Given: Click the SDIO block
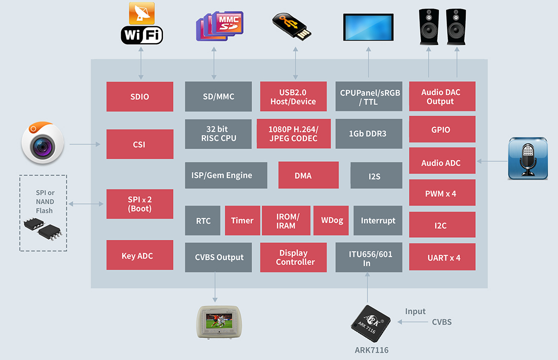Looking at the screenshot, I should coord(139,96).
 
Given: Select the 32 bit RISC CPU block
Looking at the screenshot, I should coord(218,134).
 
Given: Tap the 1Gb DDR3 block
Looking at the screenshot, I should coord(368,134).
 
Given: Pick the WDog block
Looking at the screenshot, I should coord(332,221).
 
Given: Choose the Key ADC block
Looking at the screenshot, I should coord(139,255).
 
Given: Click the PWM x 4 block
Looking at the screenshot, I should coord(442,194).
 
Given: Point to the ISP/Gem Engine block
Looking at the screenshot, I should coord(226,175).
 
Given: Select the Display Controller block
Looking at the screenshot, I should coord(293,258).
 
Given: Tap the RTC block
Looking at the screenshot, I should coord(202,221).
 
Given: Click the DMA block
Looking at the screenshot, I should coord(308,175).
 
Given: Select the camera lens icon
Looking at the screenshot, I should coord(43,144).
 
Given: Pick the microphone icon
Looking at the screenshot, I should coord(528,158).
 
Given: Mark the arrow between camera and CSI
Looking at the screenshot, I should coord(85,145).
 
